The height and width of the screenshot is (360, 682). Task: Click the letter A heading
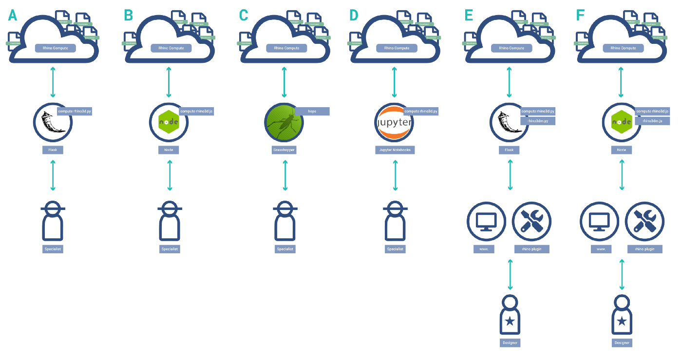[12, 15]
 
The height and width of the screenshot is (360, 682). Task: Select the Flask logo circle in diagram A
[53, 123]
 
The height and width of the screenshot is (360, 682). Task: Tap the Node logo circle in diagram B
[169, 123]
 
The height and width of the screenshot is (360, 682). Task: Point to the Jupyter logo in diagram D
[394, 123]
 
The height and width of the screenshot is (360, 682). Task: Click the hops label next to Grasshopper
[312, 111]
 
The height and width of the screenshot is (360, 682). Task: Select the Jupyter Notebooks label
[395, 150]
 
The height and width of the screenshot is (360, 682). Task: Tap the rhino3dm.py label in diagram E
[538, 121]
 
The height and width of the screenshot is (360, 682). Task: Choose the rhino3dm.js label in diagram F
[652, 121]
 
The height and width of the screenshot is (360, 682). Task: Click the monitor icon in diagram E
[486, 222]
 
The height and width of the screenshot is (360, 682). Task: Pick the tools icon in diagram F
[644, 222]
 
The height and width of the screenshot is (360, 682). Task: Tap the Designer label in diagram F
[622, 343]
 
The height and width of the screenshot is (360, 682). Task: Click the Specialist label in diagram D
[395, 249]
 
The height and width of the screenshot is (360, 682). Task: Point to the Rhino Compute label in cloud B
[171, 48]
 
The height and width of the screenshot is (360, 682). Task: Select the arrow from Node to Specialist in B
[169, 175]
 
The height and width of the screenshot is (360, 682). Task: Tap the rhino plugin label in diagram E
[532, 249]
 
